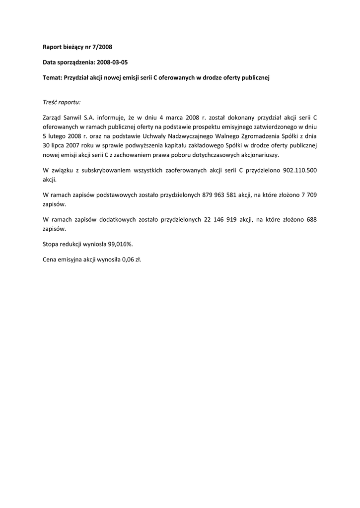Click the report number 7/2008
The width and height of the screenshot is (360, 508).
(x=102, y=47)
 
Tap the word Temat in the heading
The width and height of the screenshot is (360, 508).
(x=53, y=78)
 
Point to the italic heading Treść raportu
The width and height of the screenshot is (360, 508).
(x=62, y=102)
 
